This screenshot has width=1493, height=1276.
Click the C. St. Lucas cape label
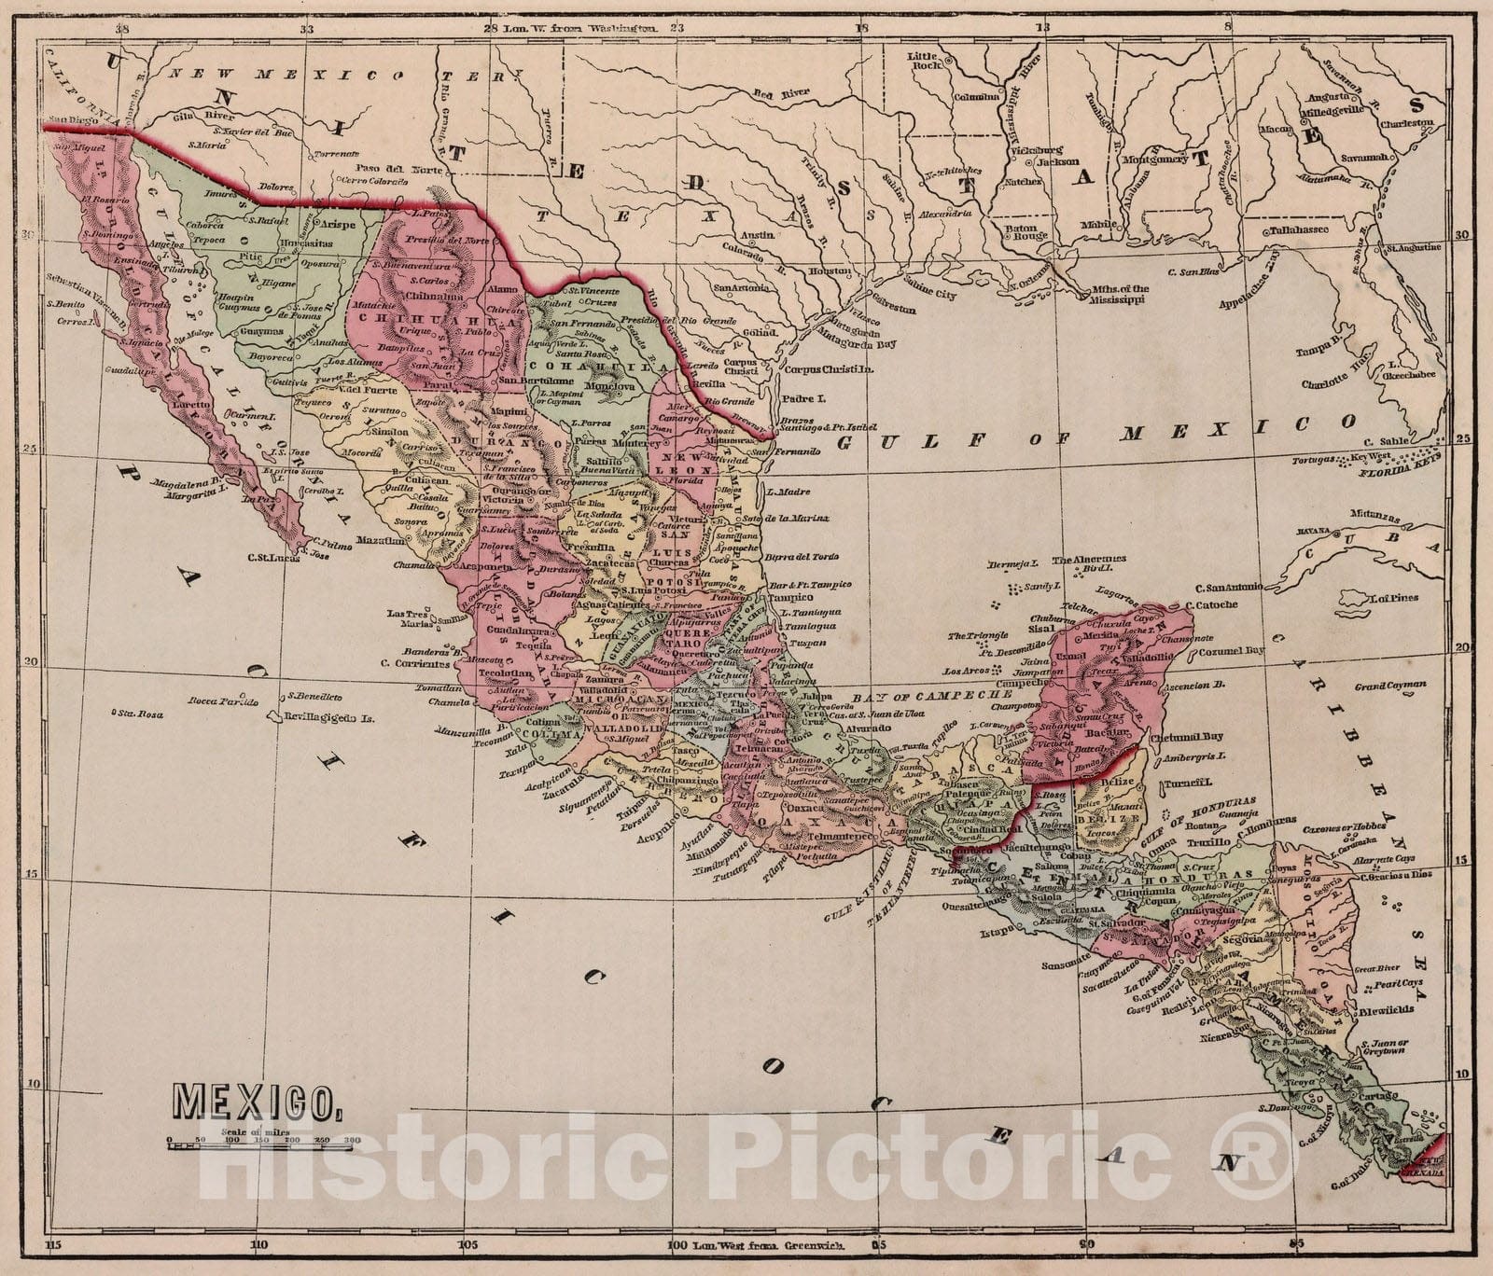(x=272, y=558)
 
